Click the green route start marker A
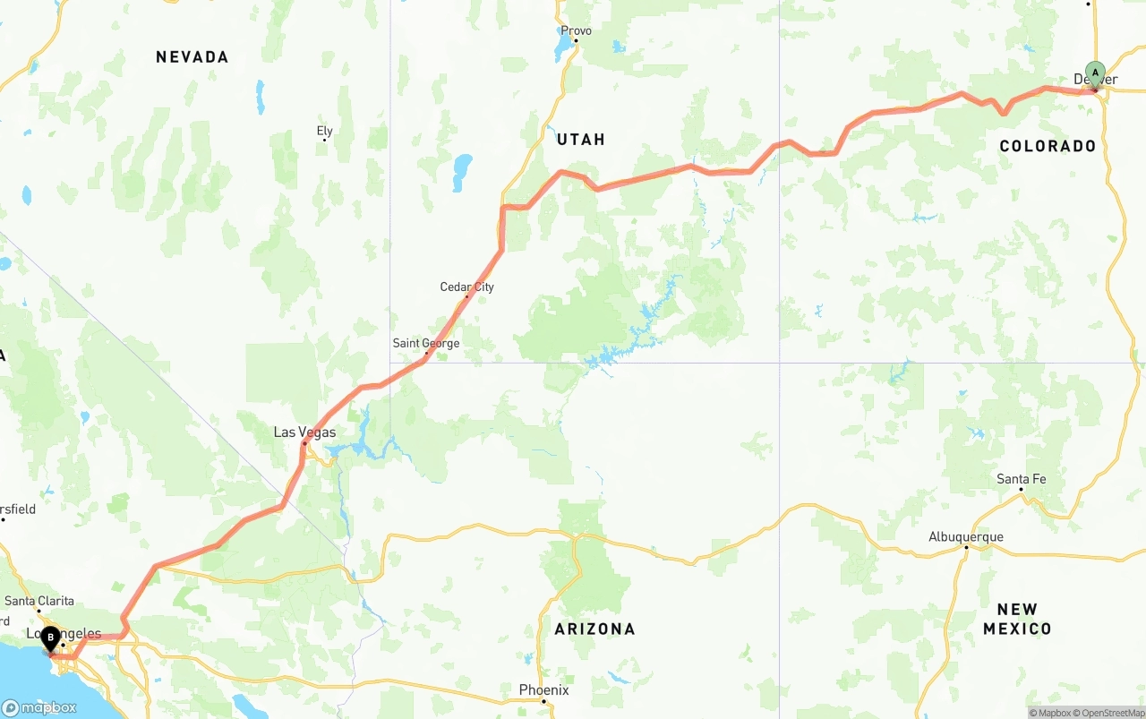[1094, 73]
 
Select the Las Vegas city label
[304, 432]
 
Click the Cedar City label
[466, 287]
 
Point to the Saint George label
[426, 343]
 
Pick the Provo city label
[576, 30]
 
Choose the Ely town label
[324, 131]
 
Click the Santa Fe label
[1021, 479]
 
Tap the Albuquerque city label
[965, 537]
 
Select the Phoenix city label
[543, 689]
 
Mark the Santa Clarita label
[39, 601]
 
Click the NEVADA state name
[192, 57]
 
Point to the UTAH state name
[581, 139]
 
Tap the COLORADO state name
[1048, 146]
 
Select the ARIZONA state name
[594, 629]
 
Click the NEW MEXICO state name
[1017, 619]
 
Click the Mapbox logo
[39, 707]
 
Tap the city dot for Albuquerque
[966, 546]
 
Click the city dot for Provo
[576, 40]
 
